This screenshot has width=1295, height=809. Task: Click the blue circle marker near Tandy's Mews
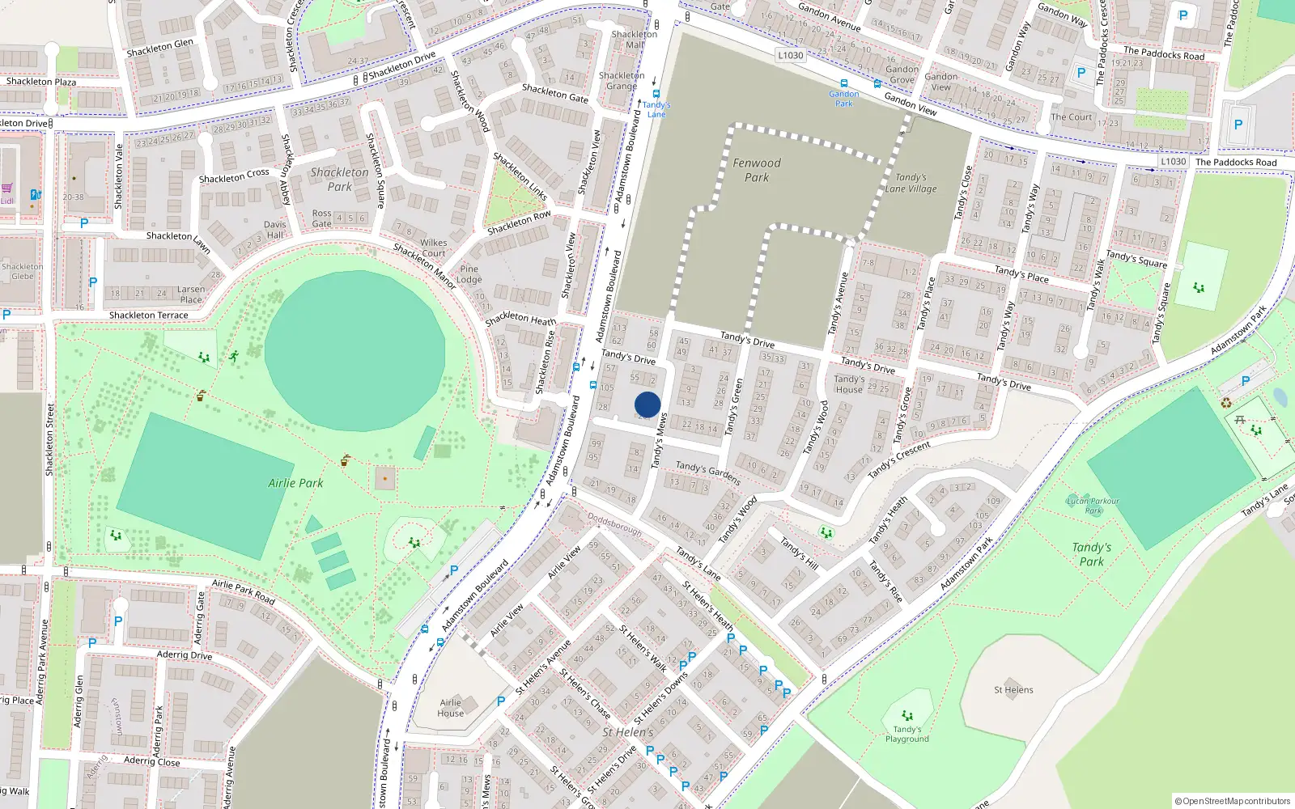click(x=647, y=404)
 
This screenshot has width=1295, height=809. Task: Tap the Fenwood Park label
click(x=757, y=170)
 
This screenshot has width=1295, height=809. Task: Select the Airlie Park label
click(x=295, y=483)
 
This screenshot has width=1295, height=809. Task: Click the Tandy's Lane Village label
click(x=911, y=183)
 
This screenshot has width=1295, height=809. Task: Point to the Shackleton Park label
click(x=339, y=179)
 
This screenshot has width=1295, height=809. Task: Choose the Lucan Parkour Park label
click(x=1093, y=506)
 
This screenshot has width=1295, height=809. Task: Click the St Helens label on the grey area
click(x=1013, y=690)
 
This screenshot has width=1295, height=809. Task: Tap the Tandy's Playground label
click(x=906, y=734)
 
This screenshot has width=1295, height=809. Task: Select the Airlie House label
click(x=451, y=708)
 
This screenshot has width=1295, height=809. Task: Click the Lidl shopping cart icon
click(x=7, y=188)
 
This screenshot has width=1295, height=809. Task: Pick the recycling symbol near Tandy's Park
click(x=1226, y=403)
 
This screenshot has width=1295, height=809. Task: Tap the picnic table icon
click(x=1239, y=418)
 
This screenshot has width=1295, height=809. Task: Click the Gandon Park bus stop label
click(x=843, y=99)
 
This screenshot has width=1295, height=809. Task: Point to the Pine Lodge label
click(x=469, y=274)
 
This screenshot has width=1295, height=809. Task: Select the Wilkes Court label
click(x=433, y=248)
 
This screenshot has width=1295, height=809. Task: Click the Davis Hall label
click(x=274, y=230)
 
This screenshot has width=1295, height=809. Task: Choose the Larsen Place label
click(x=191, y=294)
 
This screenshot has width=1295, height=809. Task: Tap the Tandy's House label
click(x=849, y=383)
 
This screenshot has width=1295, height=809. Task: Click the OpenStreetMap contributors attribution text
click(x=1232, y=801)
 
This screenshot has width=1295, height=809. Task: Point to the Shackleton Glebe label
click(x=22, y=271)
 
